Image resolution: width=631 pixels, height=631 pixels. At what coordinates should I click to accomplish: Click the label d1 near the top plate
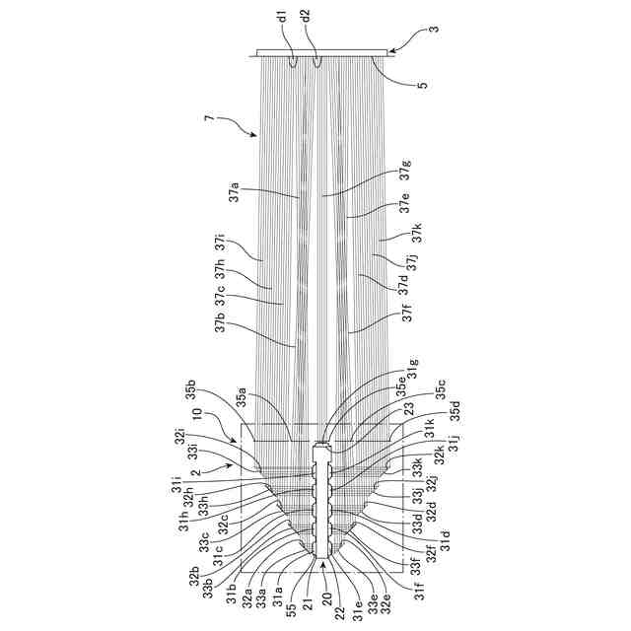[x=283, y=18]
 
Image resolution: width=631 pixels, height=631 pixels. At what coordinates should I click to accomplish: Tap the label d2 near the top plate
[x=307, y=18]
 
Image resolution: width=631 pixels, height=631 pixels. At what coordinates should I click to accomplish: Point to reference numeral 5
[x=422, y=85]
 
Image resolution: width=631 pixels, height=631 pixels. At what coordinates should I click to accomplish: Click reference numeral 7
[x=208, y=119]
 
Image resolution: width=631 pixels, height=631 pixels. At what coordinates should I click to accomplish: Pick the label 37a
[x=235, y=191]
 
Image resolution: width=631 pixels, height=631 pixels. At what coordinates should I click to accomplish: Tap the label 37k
[x=417, y=233]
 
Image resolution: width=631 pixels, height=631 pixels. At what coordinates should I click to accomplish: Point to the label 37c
[x=220, y=294]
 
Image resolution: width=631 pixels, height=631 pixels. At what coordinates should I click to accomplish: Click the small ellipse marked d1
[x=294, y=61]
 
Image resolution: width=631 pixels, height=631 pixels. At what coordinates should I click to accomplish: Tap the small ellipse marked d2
[x=317, y=61]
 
